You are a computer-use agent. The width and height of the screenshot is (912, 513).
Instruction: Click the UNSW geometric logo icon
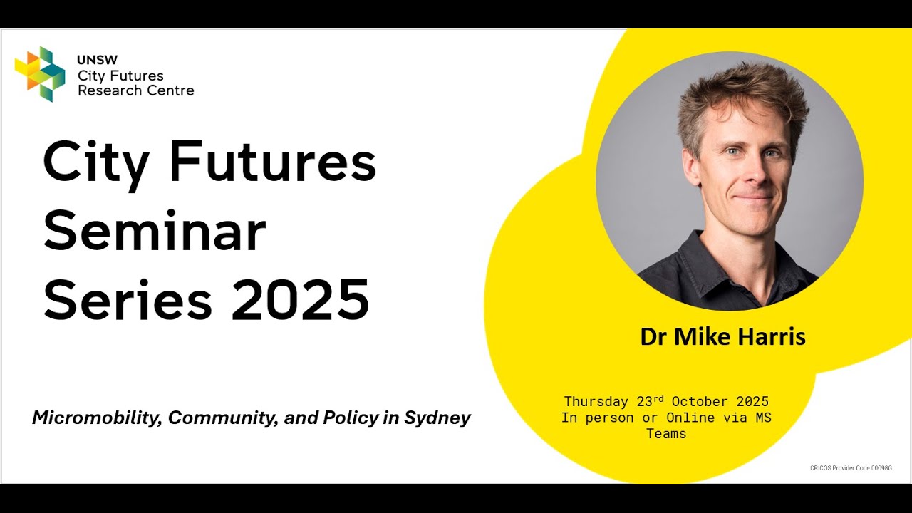40,73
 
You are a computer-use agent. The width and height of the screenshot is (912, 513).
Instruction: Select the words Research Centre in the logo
135,90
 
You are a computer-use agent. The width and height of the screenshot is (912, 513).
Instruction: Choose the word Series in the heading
128,299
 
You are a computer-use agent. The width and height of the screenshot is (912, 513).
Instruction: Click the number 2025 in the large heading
300,299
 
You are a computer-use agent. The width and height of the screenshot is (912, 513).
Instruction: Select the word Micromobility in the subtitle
97,418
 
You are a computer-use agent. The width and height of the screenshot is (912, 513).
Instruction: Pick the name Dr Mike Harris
722,336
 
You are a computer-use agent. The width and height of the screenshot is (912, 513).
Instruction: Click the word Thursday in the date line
596,402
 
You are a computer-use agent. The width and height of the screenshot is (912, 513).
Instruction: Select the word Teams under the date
666,433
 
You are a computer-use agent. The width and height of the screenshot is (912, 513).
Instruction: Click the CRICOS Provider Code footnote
851,468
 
